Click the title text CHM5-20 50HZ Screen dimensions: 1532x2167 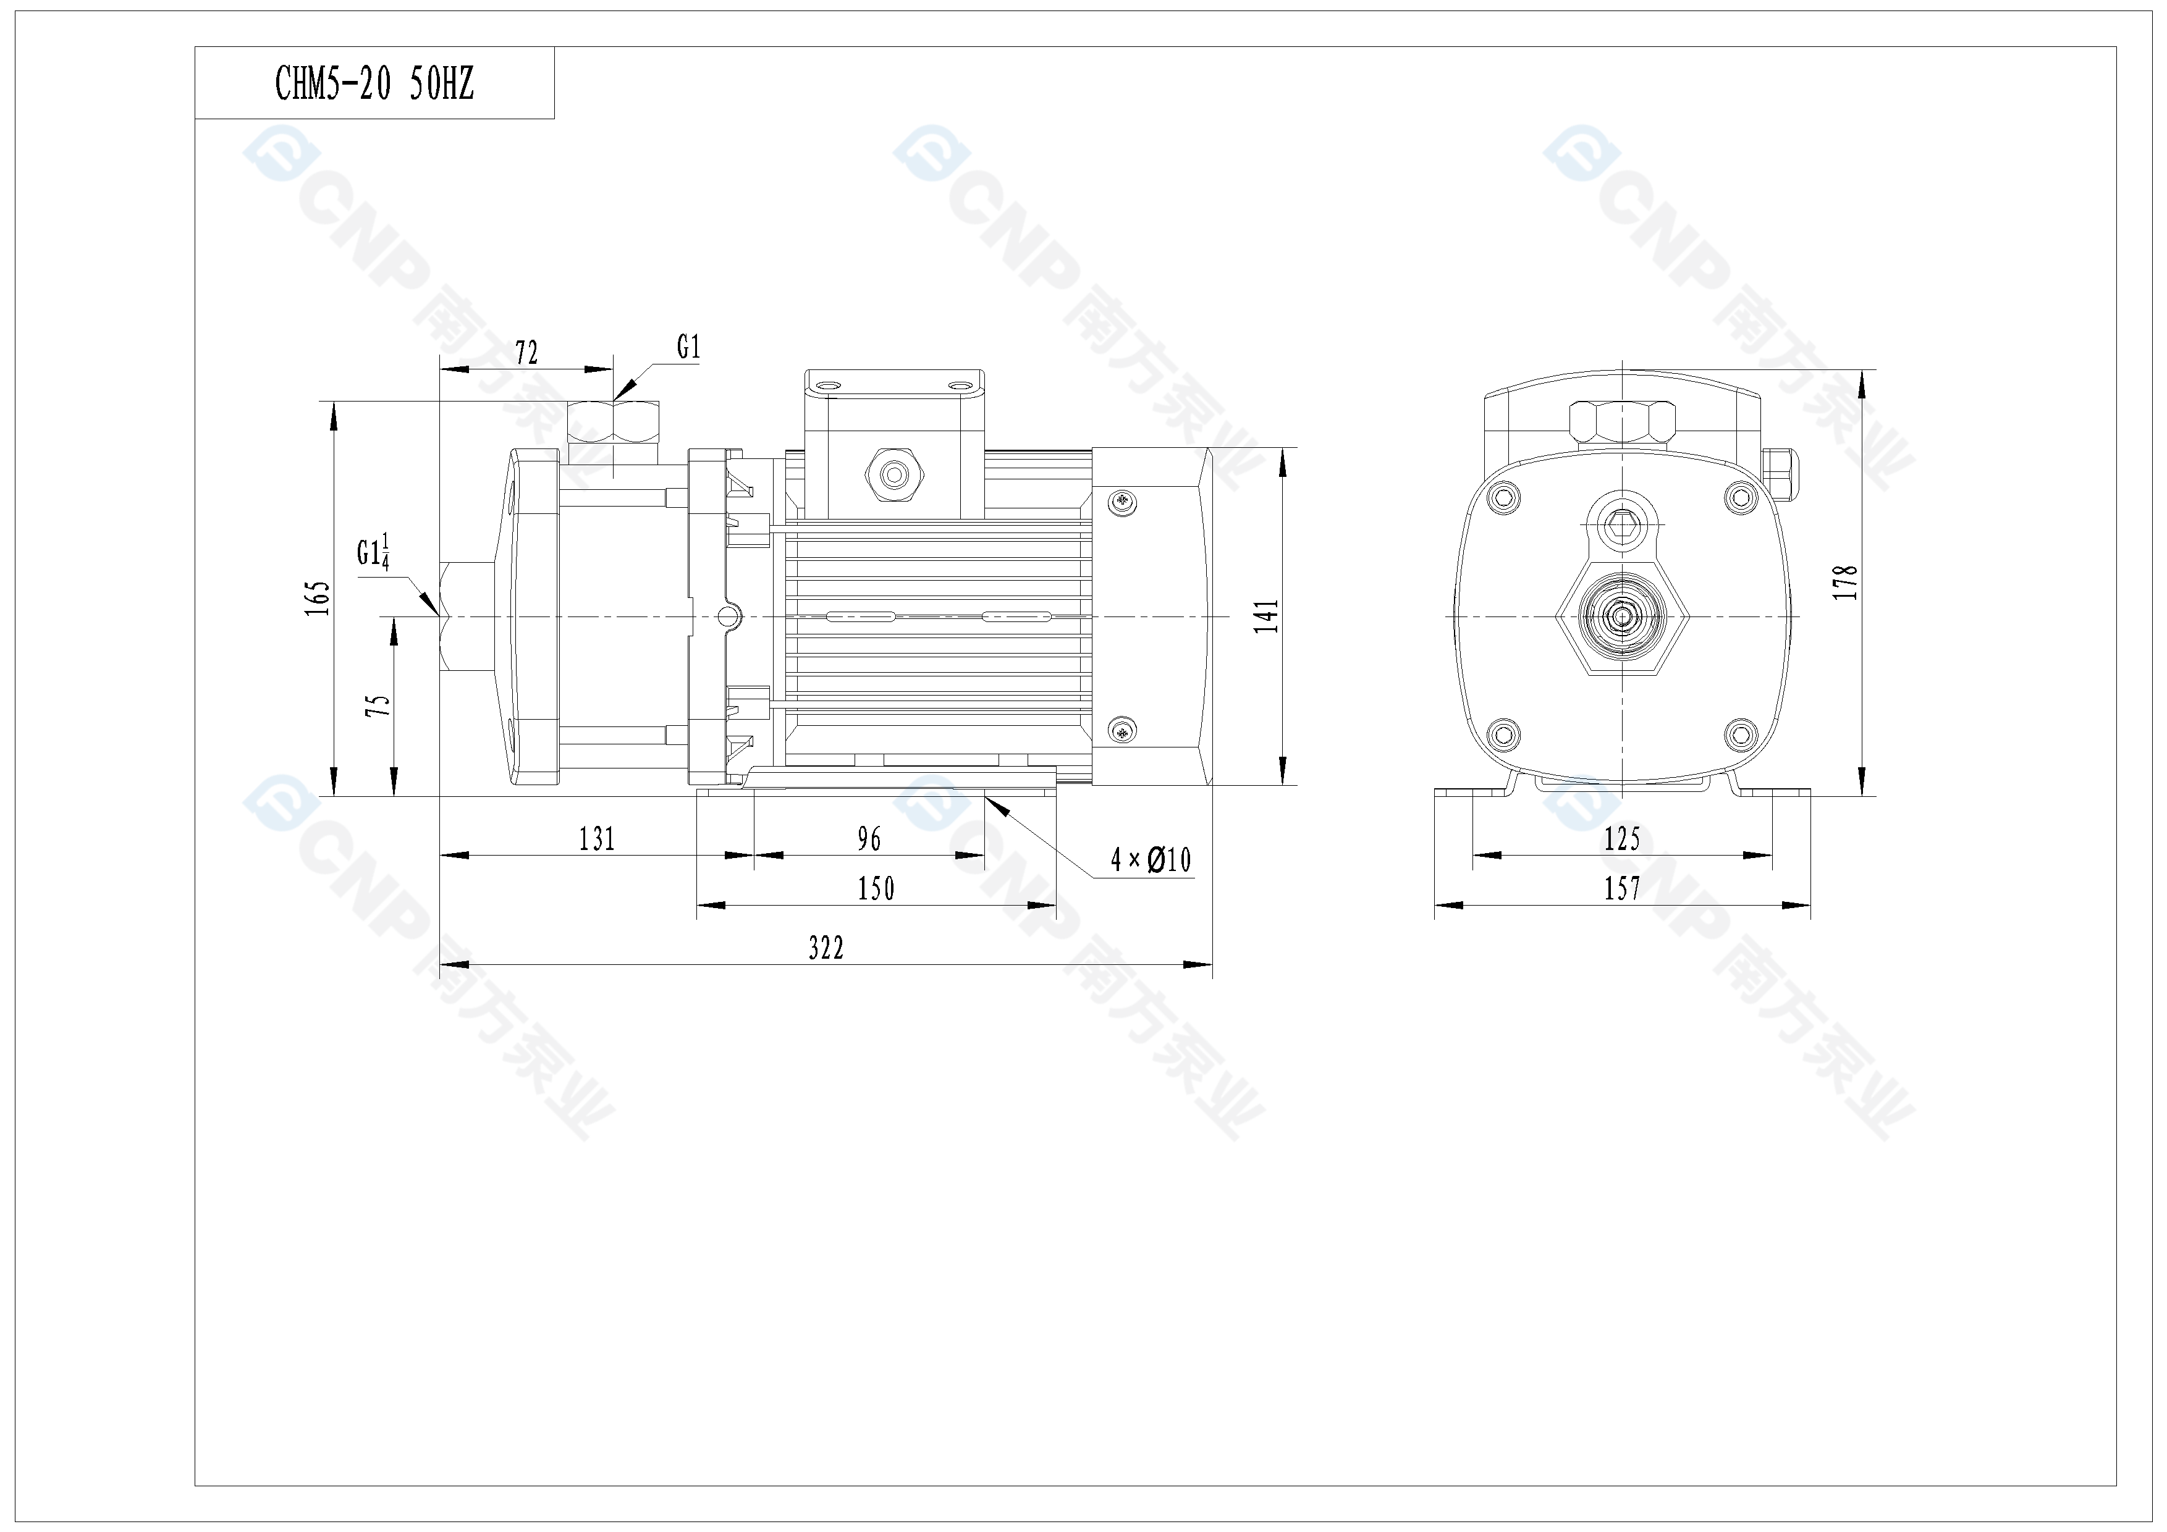click(x=374, y=84)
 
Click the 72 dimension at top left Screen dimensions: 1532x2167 click(x=526, y=353)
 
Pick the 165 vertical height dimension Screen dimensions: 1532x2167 click(x=318, y=598)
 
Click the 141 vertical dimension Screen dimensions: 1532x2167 click(x=1267, y=615)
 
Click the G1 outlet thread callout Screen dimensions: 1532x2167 click(x=689, y=348)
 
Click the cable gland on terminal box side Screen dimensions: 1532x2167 click(x=893, y=474)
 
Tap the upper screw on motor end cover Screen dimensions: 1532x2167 click(x=1122, y=501)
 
